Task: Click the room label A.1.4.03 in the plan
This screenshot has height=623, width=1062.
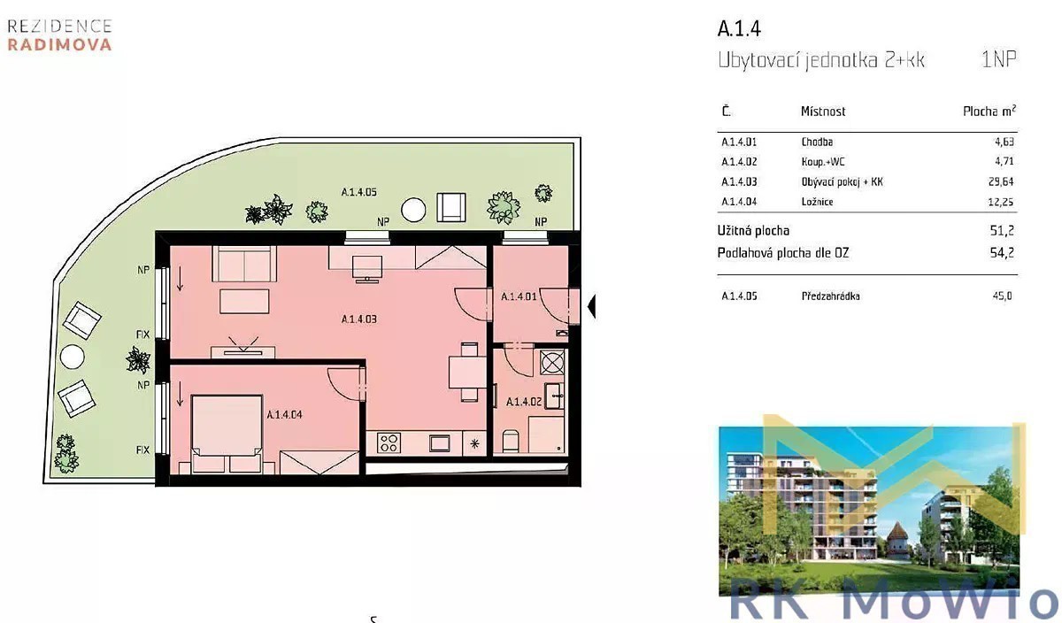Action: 359,319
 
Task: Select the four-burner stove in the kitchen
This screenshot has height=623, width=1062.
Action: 389,442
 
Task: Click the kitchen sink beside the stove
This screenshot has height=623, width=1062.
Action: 439,443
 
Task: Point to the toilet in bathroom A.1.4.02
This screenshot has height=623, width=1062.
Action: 511,441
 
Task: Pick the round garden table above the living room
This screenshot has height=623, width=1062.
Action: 413,210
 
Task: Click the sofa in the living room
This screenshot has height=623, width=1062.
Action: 244,264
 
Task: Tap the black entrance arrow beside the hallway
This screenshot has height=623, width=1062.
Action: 591,306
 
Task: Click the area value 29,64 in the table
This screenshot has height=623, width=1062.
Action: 1000,181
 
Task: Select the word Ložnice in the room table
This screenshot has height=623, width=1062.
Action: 817,202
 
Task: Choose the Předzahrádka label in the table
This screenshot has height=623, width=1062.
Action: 830,296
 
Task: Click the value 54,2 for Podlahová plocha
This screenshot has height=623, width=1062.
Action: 1002,253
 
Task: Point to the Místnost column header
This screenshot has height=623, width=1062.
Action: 823,112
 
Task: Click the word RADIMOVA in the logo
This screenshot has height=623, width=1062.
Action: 60,44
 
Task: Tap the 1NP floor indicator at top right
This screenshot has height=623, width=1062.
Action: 998,59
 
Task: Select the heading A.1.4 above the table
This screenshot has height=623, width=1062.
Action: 739,28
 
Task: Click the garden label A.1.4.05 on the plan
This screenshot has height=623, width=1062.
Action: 359,192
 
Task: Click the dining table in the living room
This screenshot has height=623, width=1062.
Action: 467,373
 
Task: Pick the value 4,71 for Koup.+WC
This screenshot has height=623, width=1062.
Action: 1004,162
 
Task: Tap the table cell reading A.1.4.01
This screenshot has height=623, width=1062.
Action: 739,142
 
